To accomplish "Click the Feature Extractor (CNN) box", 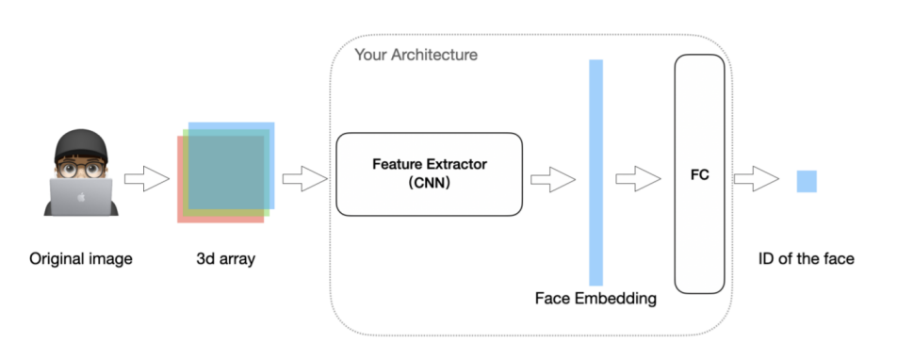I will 429,173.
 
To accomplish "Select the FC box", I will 699,173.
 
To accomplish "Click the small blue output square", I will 807,181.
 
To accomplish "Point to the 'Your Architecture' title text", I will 416,55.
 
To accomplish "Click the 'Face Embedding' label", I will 595,299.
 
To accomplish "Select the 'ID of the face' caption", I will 807,257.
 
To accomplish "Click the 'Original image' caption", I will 81,257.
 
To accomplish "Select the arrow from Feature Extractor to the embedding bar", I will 553,178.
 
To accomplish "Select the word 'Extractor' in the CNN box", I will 459,164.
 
